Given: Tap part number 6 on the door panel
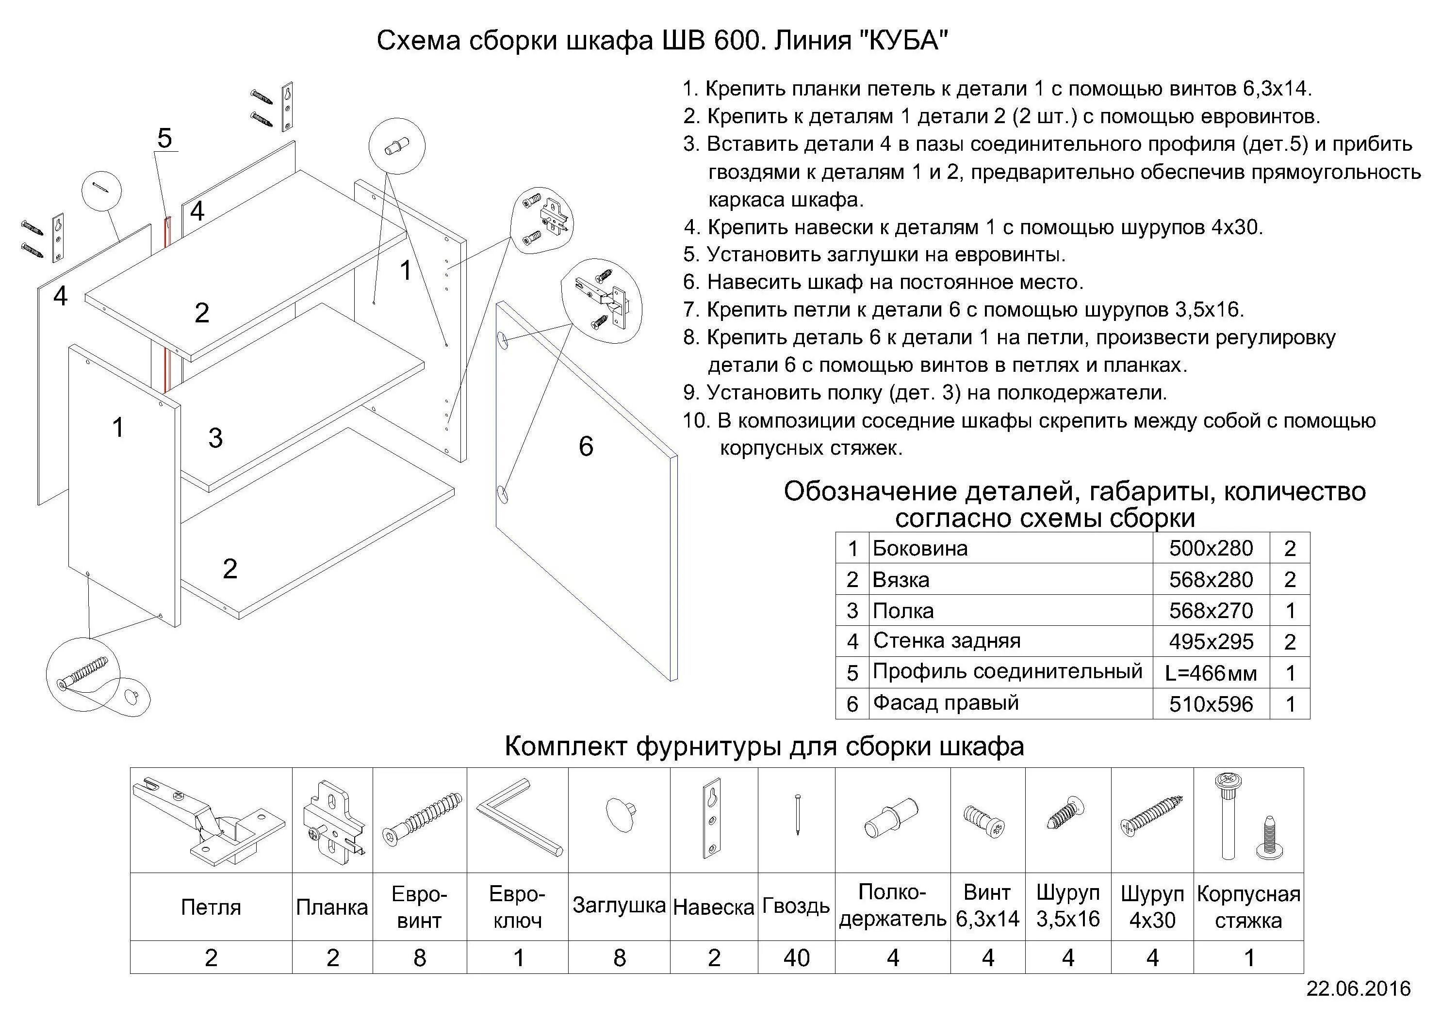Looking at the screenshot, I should [586, 446].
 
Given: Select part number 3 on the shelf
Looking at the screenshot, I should [215, 438].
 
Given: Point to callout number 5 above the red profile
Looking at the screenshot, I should [164, 138].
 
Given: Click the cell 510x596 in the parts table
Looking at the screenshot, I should [1211, 704].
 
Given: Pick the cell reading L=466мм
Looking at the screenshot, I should [1211, 673].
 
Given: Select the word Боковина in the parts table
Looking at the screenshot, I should [920, 548].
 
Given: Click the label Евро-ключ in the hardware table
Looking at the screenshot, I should [517, 907].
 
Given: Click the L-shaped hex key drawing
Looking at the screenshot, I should [518, 819].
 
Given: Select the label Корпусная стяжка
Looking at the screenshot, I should [1248, 907].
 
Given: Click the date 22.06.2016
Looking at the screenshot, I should [1358, 989].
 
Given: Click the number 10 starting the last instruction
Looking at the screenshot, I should [695, 421].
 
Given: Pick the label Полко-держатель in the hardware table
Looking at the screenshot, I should [892, 906].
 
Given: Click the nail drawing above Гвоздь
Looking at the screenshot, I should [797, 814].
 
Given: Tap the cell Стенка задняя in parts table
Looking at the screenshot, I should [947, 640].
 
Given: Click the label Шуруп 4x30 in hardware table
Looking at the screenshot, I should [1152, 907].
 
